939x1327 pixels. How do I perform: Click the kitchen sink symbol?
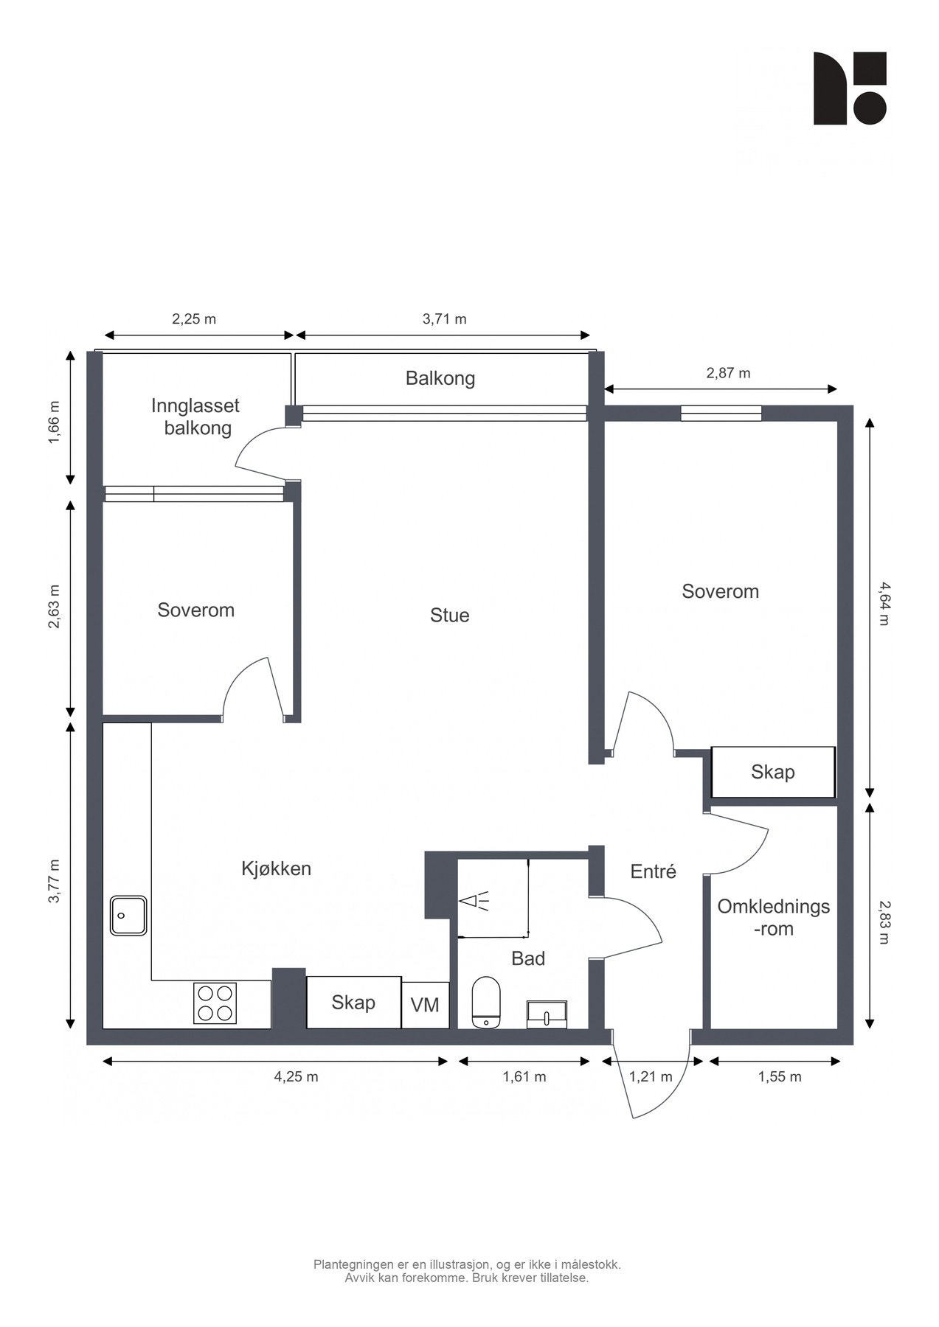tap(128, 916)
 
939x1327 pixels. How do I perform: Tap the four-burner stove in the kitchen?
tap(215, 1003)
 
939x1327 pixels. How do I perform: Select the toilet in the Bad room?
tap(486, 1003)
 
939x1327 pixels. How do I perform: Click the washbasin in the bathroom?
tap(547, 1015)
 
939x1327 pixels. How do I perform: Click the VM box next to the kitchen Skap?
tap(425, 1004)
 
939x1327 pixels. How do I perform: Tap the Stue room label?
tap(450, 616)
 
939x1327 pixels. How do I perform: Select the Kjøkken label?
tap(277, 868)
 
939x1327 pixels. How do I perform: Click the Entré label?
tap(654, 871)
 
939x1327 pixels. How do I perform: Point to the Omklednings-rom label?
tap(774, 918)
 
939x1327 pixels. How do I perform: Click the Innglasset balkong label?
tap(196, 417)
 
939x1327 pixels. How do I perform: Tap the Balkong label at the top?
tap(440, 378)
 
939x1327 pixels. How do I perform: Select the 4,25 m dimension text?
tap(297, 1076)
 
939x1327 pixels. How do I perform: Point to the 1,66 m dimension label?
tap(53, 423)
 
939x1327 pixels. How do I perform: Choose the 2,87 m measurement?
tap(728, 373)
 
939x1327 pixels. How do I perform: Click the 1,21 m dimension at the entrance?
tap(651, 1076)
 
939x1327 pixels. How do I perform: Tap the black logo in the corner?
tap(850, 88)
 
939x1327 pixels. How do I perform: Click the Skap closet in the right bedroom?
tap(773, 772)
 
